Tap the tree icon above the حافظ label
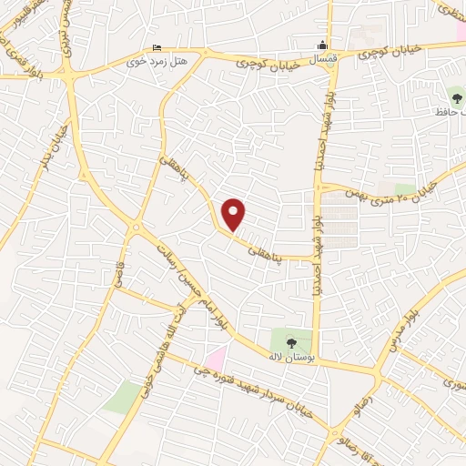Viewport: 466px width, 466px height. point(454,96)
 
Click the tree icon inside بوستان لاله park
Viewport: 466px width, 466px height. point(290,342)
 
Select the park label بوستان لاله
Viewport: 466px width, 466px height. point(290,358)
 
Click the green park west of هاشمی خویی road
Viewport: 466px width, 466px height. point(120,397)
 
